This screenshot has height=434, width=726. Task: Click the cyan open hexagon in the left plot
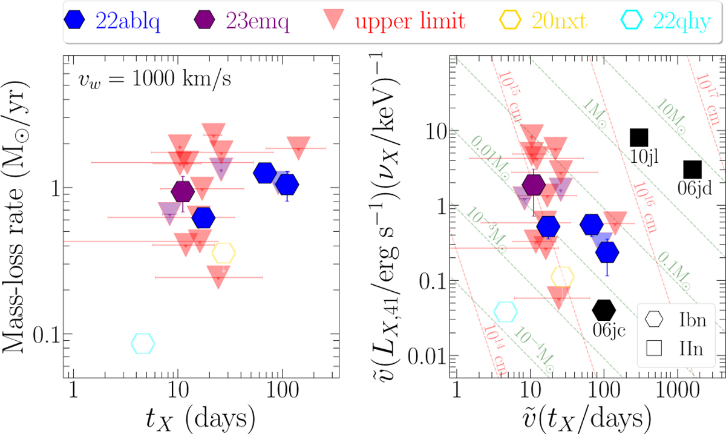pyautogui.click(x=143, y=344)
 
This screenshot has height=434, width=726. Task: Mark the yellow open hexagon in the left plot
pyautogui.click(x=224, y=253)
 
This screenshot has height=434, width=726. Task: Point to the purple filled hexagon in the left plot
pyautogui.click(x=183, y=192)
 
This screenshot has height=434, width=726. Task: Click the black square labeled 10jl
pyautogui.click(x=639, y=137)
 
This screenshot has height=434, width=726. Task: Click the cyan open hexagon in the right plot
pyautogui.click(x=506, y=312)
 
